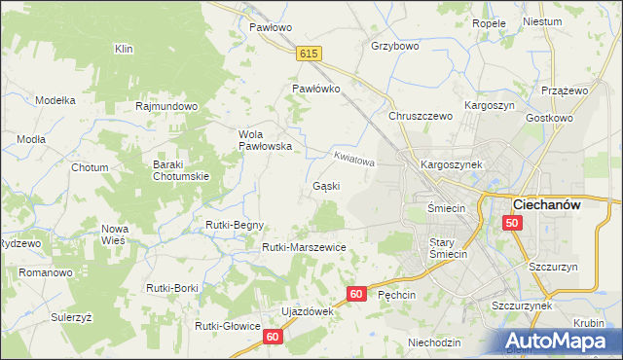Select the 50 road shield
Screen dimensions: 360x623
coord(513,223)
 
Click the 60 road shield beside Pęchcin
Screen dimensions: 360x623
coord(356,293)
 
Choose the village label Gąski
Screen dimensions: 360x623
coord(325,185)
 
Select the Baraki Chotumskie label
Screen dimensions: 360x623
coord(181,170)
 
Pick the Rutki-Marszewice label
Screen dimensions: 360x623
coord(304,247)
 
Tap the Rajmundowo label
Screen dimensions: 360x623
coord(167,106)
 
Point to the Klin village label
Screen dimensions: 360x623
coord(123,49)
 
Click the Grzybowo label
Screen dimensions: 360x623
coord(394,45)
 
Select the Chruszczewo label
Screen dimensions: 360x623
coord(421,116)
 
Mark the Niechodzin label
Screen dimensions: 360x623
coord(434,342)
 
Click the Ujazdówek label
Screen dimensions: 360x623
coord(308,311)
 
